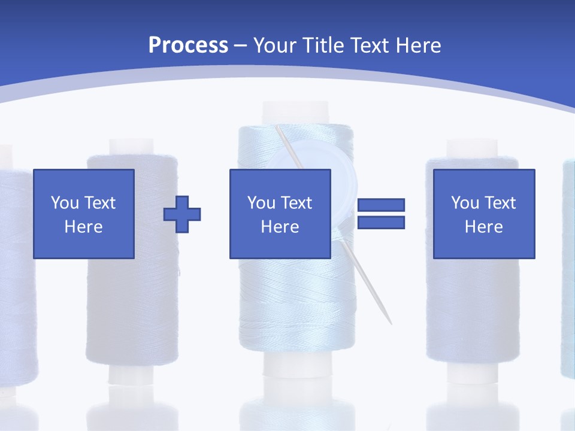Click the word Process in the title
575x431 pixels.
coord(188,45)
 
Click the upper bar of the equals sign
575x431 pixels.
coord(381,205)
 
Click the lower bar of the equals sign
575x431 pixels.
coord(381,222)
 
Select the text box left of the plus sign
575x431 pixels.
coord(83,214)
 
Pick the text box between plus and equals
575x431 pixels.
coord(280,214)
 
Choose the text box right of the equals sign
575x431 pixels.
coord(483,214)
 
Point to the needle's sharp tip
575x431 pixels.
coord(391,323)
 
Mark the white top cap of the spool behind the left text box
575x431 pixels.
coord(131,147)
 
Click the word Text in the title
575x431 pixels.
coord(370,45)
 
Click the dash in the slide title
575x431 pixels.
coord(241,45)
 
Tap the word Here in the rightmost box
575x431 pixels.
coord(483,227)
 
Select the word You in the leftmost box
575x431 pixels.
coord(64,202)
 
